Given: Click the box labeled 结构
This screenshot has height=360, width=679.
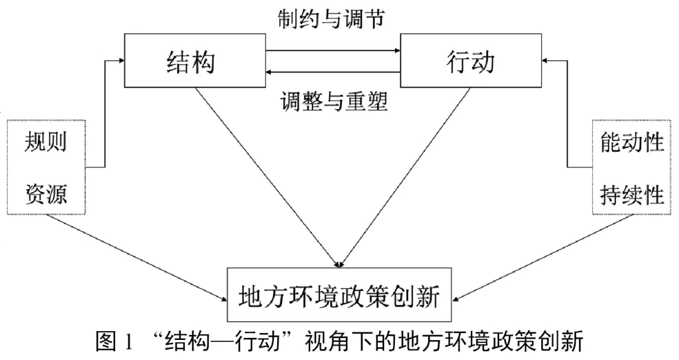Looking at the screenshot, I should pyautogui.click(x=194, y=61).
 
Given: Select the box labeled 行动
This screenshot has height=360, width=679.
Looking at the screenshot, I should pyautogui.click(x=471, y=61).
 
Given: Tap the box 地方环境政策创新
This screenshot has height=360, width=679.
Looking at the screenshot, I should pyautogui.click(x=340, y=294).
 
